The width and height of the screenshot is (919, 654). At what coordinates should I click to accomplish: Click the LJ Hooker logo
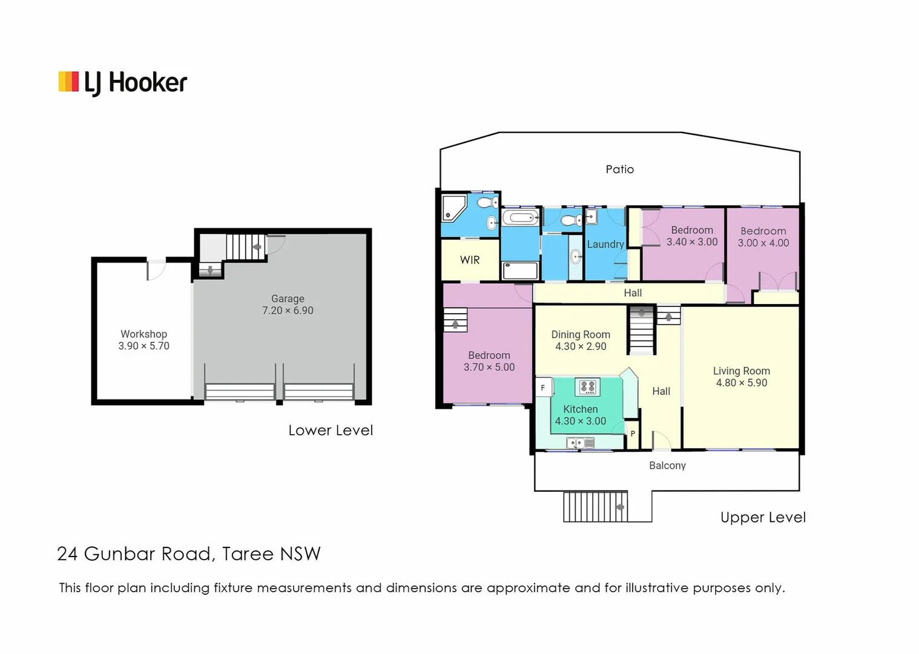(123, 83)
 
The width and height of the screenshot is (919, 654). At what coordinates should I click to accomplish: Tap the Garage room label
(288, 299)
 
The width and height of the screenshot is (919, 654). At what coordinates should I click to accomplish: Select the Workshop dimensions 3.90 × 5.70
(143, 346)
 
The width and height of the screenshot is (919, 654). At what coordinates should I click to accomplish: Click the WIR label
(470, 260)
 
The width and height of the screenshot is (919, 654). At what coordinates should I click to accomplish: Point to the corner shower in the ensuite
(453, 207)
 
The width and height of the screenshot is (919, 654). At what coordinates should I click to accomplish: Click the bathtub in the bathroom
(519, 217)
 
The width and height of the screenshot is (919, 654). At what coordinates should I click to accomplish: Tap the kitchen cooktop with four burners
(587, 386)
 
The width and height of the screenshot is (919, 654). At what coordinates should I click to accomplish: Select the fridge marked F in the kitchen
(543, 388)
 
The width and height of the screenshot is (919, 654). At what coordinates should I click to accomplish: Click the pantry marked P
(633, 434)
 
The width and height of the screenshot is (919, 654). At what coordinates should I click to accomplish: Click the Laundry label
(605, 244)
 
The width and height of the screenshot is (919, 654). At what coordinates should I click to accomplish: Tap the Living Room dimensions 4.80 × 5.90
(741, 383)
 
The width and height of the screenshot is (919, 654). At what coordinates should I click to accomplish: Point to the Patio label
(619, 170)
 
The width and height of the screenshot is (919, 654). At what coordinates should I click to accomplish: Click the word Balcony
(667, 466)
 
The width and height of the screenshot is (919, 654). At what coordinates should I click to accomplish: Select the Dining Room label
(580, 334)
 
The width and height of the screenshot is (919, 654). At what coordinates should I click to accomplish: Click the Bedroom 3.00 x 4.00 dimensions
(763, 243)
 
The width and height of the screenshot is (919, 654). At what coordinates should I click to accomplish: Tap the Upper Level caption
(763, 518)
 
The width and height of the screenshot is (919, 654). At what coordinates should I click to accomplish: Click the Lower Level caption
(331, 431)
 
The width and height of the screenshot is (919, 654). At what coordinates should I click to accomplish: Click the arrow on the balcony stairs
(619, 507)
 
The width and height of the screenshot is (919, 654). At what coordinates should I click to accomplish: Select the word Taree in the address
(248, 554)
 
